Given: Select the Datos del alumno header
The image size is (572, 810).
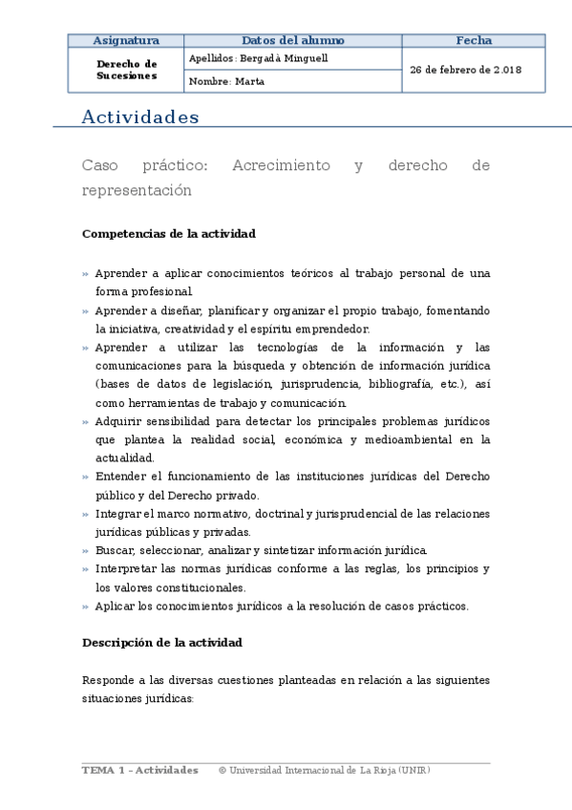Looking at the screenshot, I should (x=293, y=40).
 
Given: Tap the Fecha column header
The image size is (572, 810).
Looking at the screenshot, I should (x=474, y=40).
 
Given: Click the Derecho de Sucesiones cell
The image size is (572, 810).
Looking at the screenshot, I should (x=126, y=69).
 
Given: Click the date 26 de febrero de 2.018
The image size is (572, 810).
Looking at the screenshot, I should (x=465, y=70).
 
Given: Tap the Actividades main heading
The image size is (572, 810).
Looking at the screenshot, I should (x=140, y=117).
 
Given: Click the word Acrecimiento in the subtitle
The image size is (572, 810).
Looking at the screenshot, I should (x=281, y=165).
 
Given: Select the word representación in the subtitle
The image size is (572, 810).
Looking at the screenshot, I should (x=137, y=190).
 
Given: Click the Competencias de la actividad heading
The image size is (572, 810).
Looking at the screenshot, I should (x=168, y=233).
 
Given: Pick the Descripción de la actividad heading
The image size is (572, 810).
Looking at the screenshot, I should (x=162, y=643).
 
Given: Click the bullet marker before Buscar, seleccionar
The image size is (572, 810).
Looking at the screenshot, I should (x=86, y=551).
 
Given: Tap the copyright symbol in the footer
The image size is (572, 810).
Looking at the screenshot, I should (x=222, y=770).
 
